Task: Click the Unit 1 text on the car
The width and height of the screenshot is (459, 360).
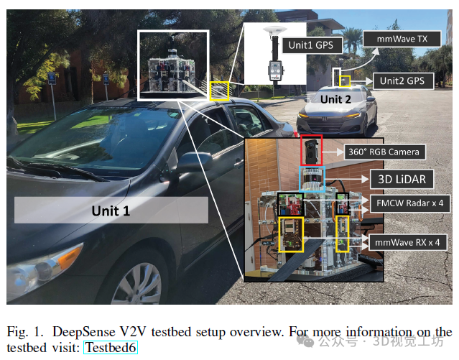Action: tap(111, 211)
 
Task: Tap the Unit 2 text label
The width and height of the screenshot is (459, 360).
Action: tap(335, 100)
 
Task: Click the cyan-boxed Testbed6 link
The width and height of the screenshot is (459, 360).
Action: tap(110, 348)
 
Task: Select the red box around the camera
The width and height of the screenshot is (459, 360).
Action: tap(311, 150)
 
